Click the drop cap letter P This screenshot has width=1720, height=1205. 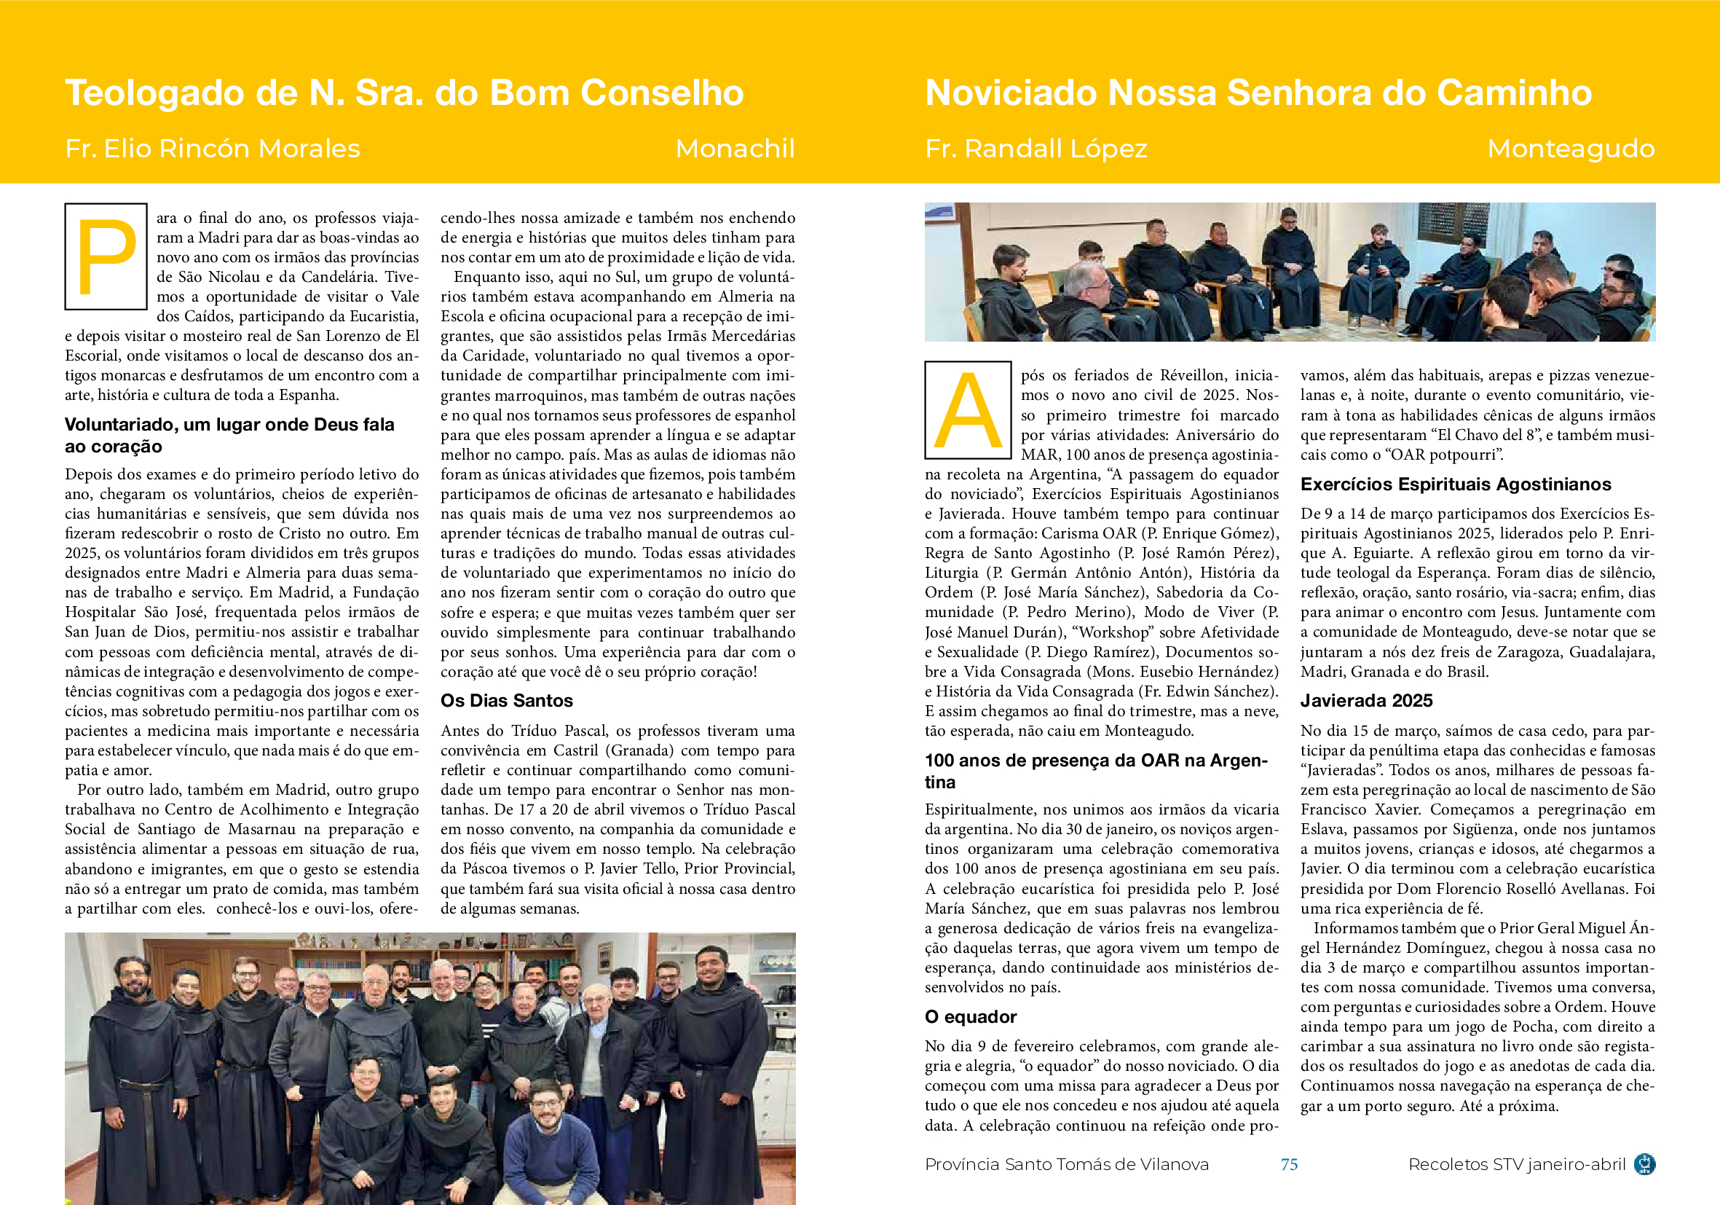106,256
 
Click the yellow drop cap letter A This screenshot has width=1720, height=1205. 968,411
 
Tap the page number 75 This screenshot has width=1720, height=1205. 1288,1163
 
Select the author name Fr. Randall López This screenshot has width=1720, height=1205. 1035,149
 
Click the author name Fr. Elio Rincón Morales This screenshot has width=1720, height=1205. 213,149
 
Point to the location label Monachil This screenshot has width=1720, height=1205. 734,149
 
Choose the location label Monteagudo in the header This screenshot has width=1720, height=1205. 1570,149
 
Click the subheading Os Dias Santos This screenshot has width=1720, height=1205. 506,701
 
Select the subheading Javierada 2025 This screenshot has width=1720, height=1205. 1365,701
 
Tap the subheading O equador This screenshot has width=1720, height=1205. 970,1017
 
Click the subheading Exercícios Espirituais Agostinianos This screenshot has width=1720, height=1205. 1455,484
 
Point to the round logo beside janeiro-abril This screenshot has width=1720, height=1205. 1644,1163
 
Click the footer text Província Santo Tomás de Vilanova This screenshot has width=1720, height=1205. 1066,1163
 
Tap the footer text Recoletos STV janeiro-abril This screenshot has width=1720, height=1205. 1516,1163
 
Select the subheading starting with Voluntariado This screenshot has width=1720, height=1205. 229,436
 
